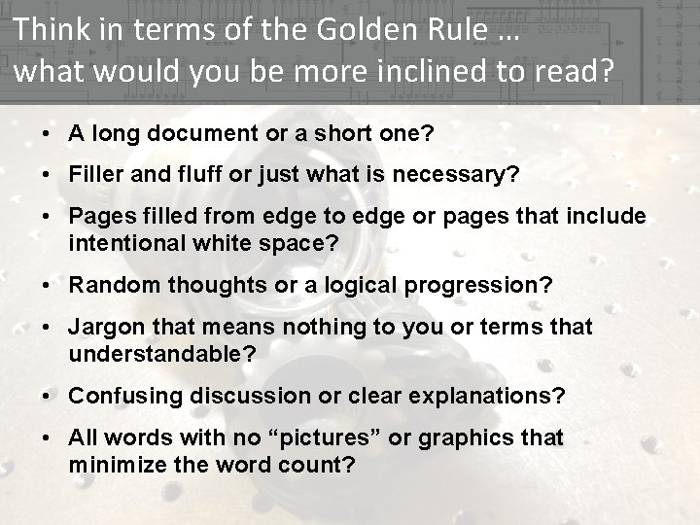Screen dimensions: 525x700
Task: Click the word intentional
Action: tap(129, 242)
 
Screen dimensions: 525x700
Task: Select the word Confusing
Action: tap(123, 397)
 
